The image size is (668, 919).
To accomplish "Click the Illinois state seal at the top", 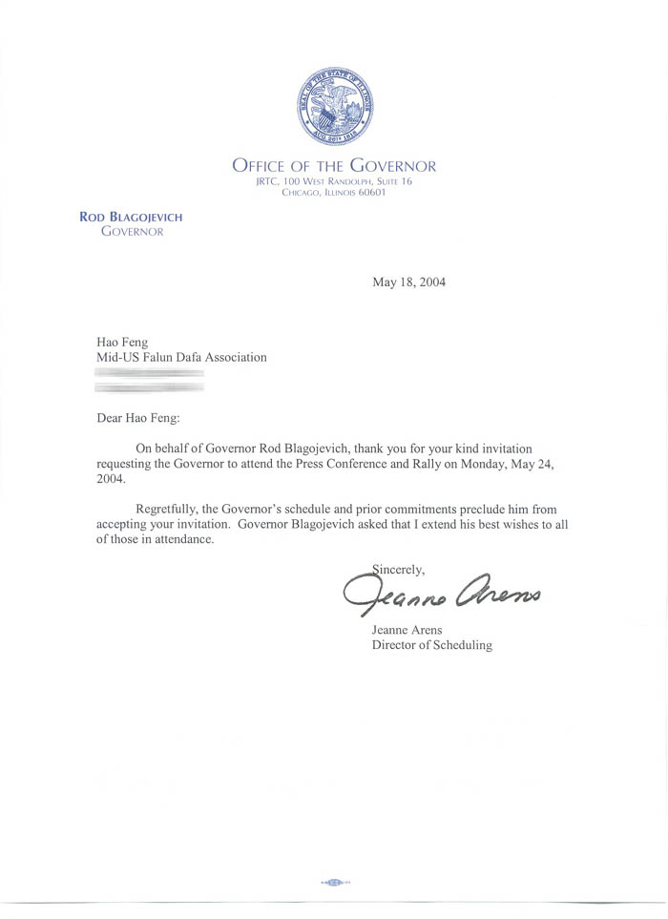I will coord(333,108).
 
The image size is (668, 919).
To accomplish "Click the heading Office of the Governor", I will coord(334,166).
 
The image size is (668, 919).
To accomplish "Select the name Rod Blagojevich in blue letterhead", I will coord(131,218).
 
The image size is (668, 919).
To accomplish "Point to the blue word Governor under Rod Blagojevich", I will coord(132,232).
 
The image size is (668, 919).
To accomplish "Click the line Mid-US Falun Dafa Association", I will coord(181,358).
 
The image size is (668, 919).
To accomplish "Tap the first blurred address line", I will coord(150,375).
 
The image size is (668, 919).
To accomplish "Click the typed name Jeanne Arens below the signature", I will coord(405,630).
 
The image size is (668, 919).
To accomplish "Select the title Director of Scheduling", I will coord(431,645).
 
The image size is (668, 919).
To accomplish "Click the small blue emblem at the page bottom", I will coord(335,882).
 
